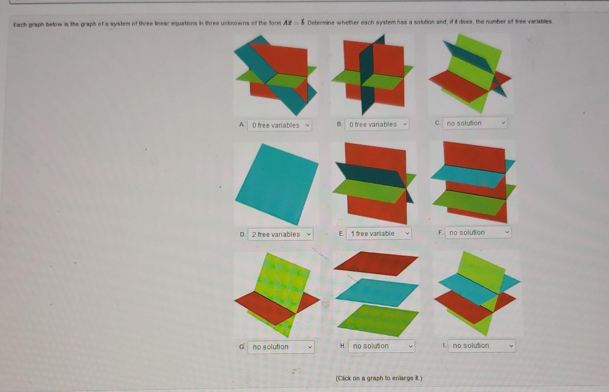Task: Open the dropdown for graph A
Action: (279, 125)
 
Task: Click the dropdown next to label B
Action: (377, 124)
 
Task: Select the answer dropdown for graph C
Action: (475, 123)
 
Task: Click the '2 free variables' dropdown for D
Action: (280, 234)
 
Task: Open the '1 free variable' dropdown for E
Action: (379, 233)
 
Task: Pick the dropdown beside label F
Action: (478, 232)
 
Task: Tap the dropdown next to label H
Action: (381, 346)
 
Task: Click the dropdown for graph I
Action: (482, 346)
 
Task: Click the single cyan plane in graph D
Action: (277, 183)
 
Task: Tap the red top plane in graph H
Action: (376, 263)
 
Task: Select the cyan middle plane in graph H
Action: (377, 292)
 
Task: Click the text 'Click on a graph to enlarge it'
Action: (379, 378)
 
